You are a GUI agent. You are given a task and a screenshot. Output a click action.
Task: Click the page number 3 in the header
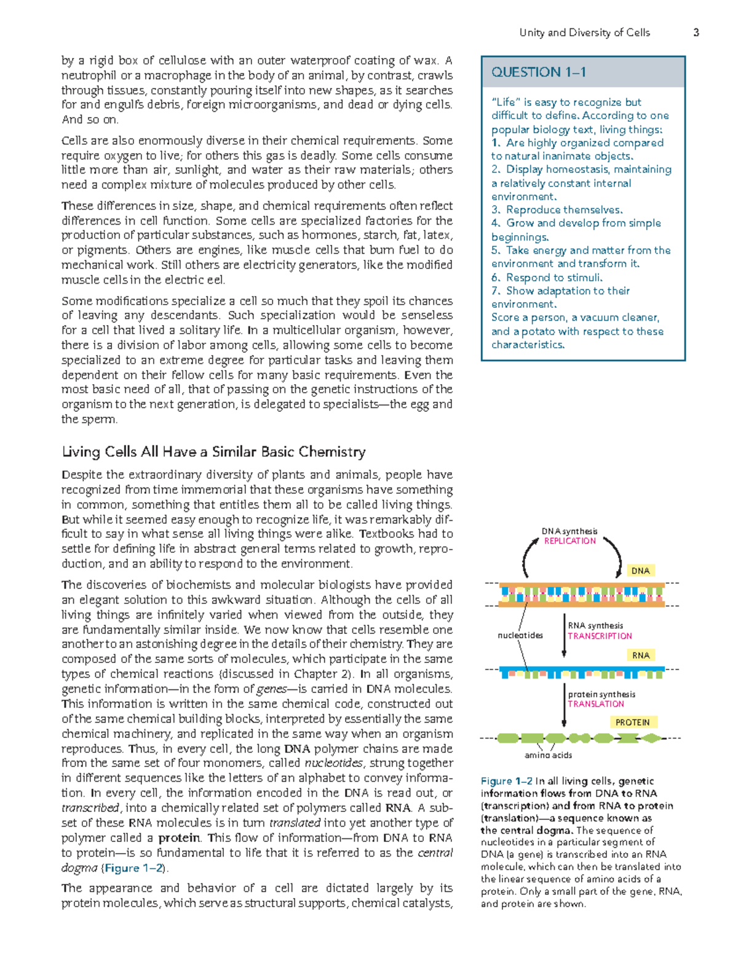(696, 33)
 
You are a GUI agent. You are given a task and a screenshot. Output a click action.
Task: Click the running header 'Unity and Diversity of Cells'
(584, 33)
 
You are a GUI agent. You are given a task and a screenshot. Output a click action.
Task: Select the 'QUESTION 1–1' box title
(538, 72)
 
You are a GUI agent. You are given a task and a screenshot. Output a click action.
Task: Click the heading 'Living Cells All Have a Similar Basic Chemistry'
(213, 452)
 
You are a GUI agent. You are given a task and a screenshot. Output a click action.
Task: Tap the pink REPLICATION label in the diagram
(569, 541)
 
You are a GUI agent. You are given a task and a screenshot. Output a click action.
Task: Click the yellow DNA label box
(640, 571)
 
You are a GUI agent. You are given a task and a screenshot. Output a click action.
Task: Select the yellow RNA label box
(641, 656)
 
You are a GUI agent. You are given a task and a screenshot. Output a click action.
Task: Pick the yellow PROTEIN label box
(632, 722)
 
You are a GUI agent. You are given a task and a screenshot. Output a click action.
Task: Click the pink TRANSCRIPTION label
(600, 636)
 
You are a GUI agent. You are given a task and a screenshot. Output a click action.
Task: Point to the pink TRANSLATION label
(595, 704)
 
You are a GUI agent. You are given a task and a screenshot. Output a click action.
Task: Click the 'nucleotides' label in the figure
(520, 635)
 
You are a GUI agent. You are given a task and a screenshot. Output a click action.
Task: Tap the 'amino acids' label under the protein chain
(548, 755)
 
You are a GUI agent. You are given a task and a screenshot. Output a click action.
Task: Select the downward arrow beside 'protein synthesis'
(564, 705)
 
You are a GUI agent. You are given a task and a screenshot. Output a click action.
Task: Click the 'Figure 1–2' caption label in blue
(506, 781)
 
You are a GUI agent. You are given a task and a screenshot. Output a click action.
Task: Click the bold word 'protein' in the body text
(179, 838)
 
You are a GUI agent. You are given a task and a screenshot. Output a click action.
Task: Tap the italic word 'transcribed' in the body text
(90, 808)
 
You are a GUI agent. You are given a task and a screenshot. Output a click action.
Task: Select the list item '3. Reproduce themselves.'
(557, 210)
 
